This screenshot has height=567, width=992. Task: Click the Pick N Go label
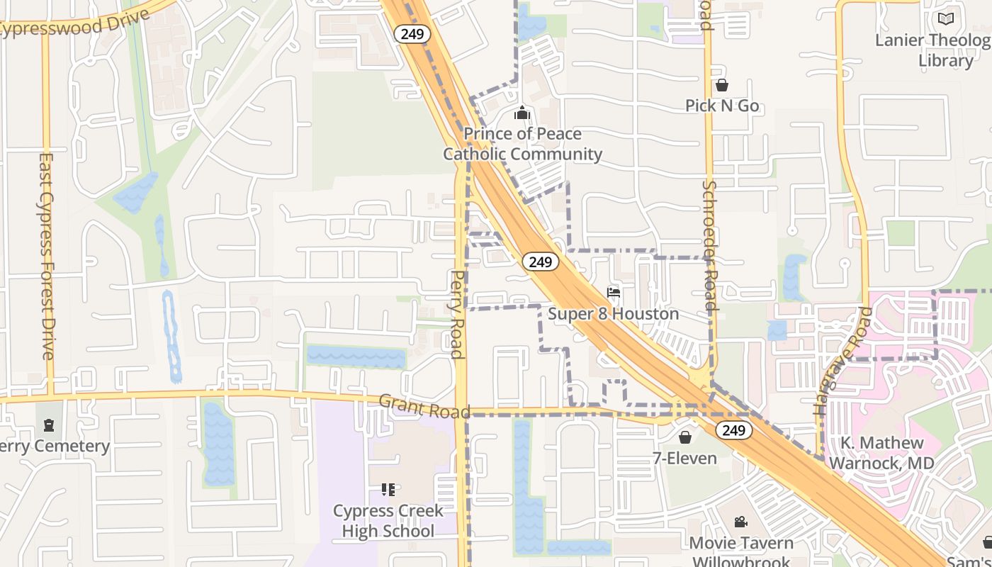722,106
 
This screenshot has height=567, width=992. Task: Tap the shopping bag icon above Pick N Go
722,86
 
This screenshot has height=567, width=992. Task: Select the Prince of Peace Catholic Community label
523,144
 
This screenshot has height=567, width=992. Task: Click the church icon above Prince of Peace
522,113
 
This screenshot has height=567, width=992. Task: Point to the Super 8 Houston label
614,313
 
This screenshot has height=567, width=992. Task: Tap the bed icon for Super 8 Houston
614,293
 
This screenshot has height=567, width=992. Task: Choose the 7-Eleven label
684,458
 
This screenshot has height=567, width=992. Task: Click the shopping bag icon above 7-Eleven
684,437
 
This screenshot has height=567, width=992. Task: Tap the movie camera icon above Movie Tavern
740,522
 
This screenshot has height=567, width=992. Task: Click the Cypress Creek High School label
388,521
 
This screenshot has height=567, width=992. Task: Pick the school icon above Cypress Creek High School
388,489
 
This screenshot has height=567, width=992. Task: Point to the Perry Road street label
458,314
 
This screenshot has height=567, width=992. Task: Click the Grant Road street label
424,407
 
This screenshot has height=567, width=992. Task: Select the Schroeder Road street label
710,245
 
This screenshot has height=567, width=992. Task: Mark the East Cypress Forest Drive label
47,256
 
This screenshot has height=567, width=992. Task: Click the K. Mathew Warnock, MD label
881,453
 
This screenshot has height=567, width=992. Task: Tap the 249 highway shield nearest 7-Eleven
733,430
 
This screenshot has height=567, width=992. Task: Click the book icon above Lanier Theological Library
945,19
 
